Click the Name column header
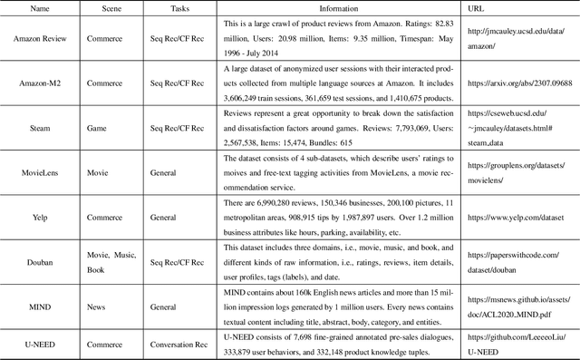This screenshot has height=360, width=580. click(38, 6)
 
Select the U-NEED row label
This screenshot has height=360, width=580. click(38, 345)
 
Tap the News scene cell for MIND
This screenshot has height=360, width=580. click(96, 306)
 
